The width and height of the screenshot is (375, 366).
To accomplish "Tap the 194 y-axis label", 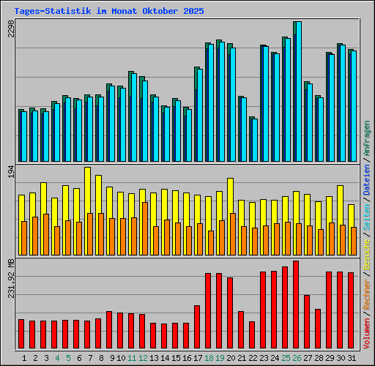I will pyautogui.click(x=10, y=172).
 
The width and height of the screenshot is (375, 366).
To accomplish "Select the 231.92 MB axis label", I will pyautogui.click(x=10, y=277).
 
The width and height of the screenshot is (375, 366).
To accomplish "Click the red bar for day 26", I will pyautogui.click(x=296, y=305).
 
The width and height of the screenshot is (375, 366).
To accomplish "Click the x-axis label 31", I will pyautogui.click(x=351, y=358).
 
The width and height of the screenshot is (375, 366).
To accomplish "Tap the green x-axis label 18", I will pyautogui.click(x=209, y=358).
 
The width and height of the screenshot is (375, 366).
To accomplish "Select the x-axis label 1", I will pyautogui.click(x=25, y=358).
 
